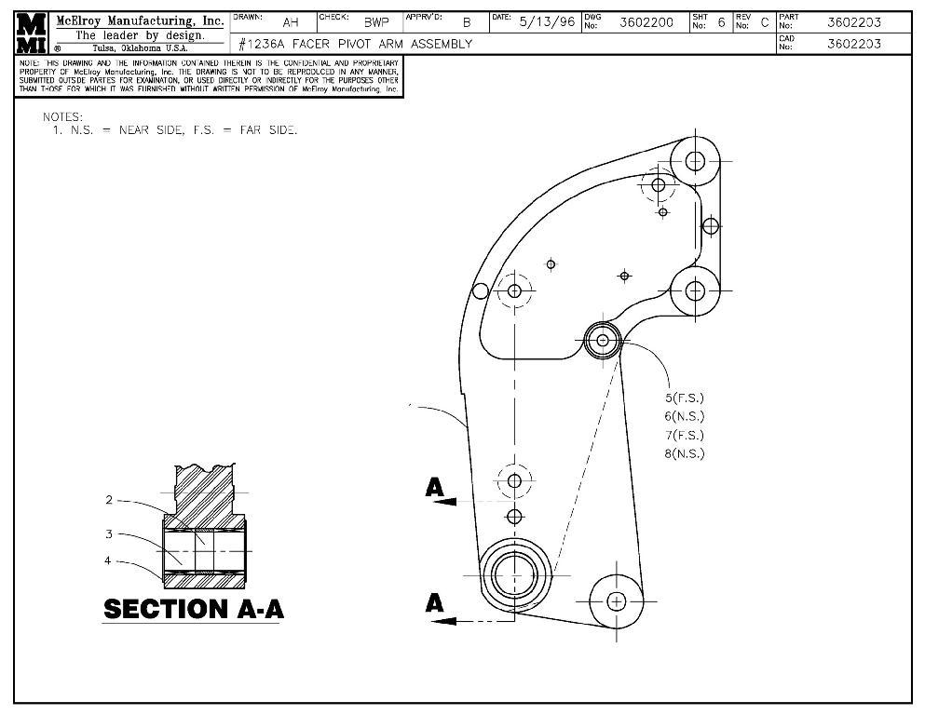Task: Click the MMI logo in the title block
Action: (x=33, y=34)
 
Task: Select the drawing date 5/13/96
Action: (x=546, y=22)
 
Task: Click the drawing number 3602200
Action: (x=646, y=22)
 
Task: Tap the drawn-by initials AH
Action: (x=290, y=22)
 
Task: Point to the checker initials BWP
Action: (x=375, y=22)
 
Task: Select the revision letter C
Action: (x=765, y=22)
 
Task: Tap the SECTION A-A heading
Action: (x=193, y=609)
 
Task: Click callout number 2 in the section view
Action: (x=109, y=500)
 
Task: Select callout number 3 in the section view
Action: (x=109, y=533)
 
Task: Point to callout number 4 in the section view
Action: (x=109, y=560)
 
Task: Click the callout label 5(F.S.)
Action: (x=684, y=398)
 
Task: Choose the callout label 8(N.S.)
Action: (x=684, y=453)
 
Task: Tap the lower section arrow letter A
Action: (x=434, y=602)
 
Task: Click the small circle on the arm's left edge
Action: (x=480, y=291)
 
